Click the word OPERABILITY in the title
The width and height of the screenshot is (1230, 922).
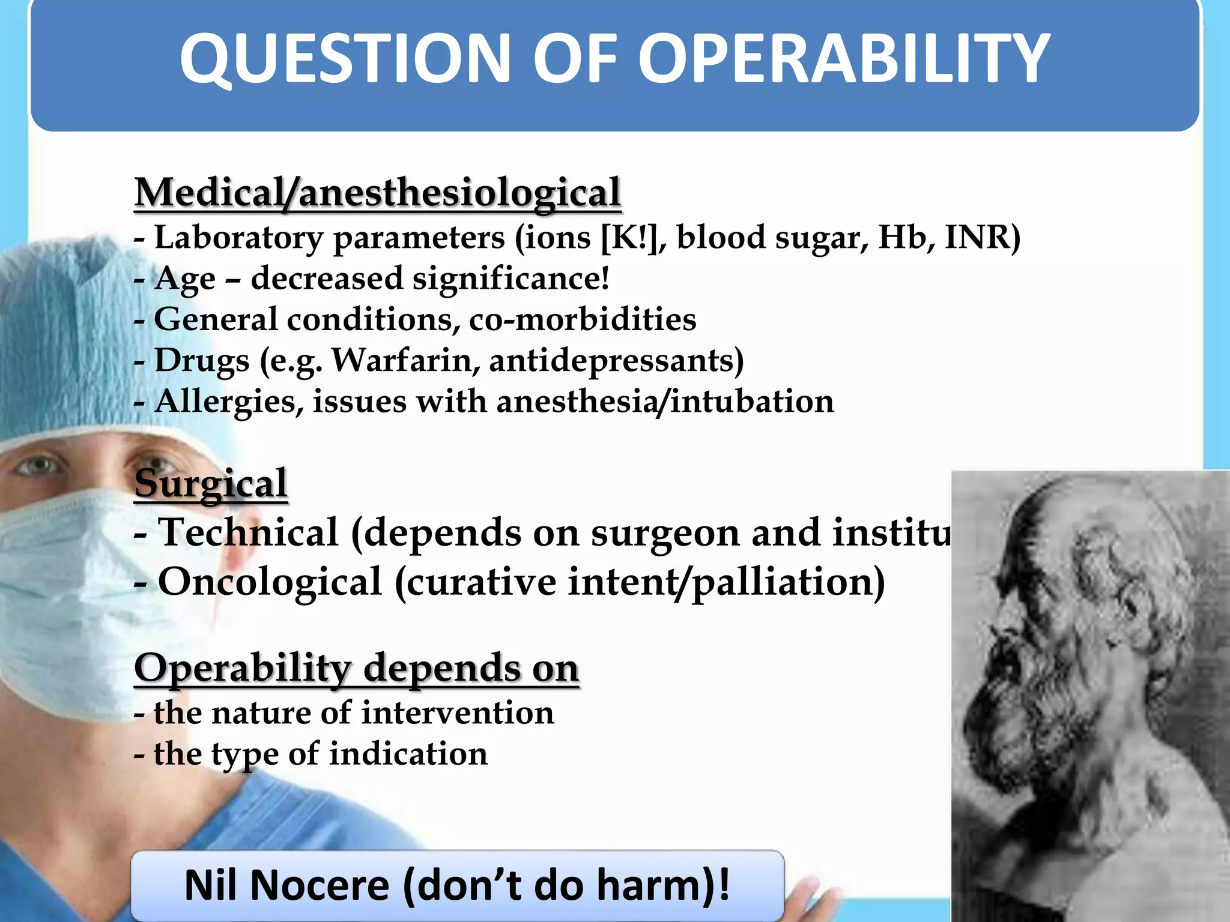[844, 59]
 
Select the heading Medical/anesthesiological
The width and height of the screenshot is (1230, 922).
[377, 193]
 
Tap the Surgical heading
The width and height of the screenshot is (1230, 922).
[211, 484]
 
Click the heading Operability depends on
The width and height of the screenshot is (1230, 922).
[356, 668]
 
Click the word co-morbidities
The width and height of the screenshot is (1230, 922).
[582, 319]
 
